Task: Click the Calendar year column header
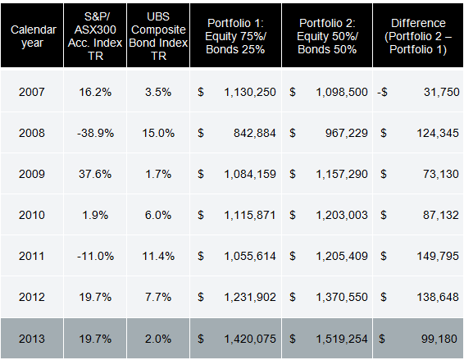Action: (x=33, y=36)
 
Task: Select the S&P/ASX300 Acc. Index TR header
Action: (x=95, y=36)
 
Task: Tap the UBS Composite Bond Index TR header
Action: (x=158, y=36)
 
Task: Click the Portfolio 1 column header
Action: (x=235, y=36)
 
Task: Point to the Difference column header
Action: (x=418, y=36)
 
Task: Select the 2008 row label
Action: (x=32, y=133)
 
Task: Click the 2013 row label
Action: (x=32, y=339)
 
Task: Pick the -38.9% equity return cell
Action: (x=95, y=133)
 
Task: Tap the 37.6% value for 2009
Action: (x=95, y=174)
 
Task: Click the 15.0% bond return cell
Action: (x=158, y=133)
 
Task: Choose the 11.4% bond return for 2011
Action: (x=158, y=256)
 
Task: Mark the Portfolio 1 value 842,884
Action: (x=254, y=133)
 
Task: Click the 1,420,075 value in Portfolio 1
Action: (x=250, y=339)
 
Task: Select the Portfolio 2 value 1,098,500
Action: (x=342, y=92)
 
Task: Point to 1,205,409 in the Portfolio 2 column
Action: (x=342, y=257)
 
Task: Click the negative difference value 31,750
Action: (x=442, y=92)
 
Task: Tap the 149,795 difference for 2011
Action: (x=438, y=257)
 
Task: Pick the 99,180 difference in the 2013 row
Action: (x=439, y=339)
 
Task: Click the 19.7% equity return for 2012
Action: (x=95, y=297)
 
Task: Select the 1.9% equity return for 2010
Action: (x=95, y=215)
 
